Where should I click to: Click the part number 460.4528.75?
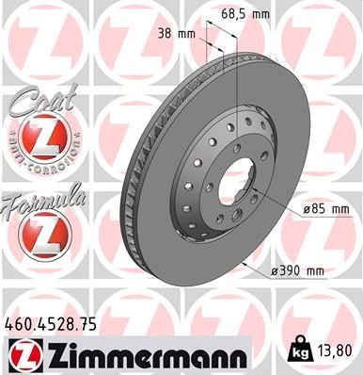(50, 324)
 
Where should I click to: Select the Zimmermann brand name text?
(141, 355)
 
